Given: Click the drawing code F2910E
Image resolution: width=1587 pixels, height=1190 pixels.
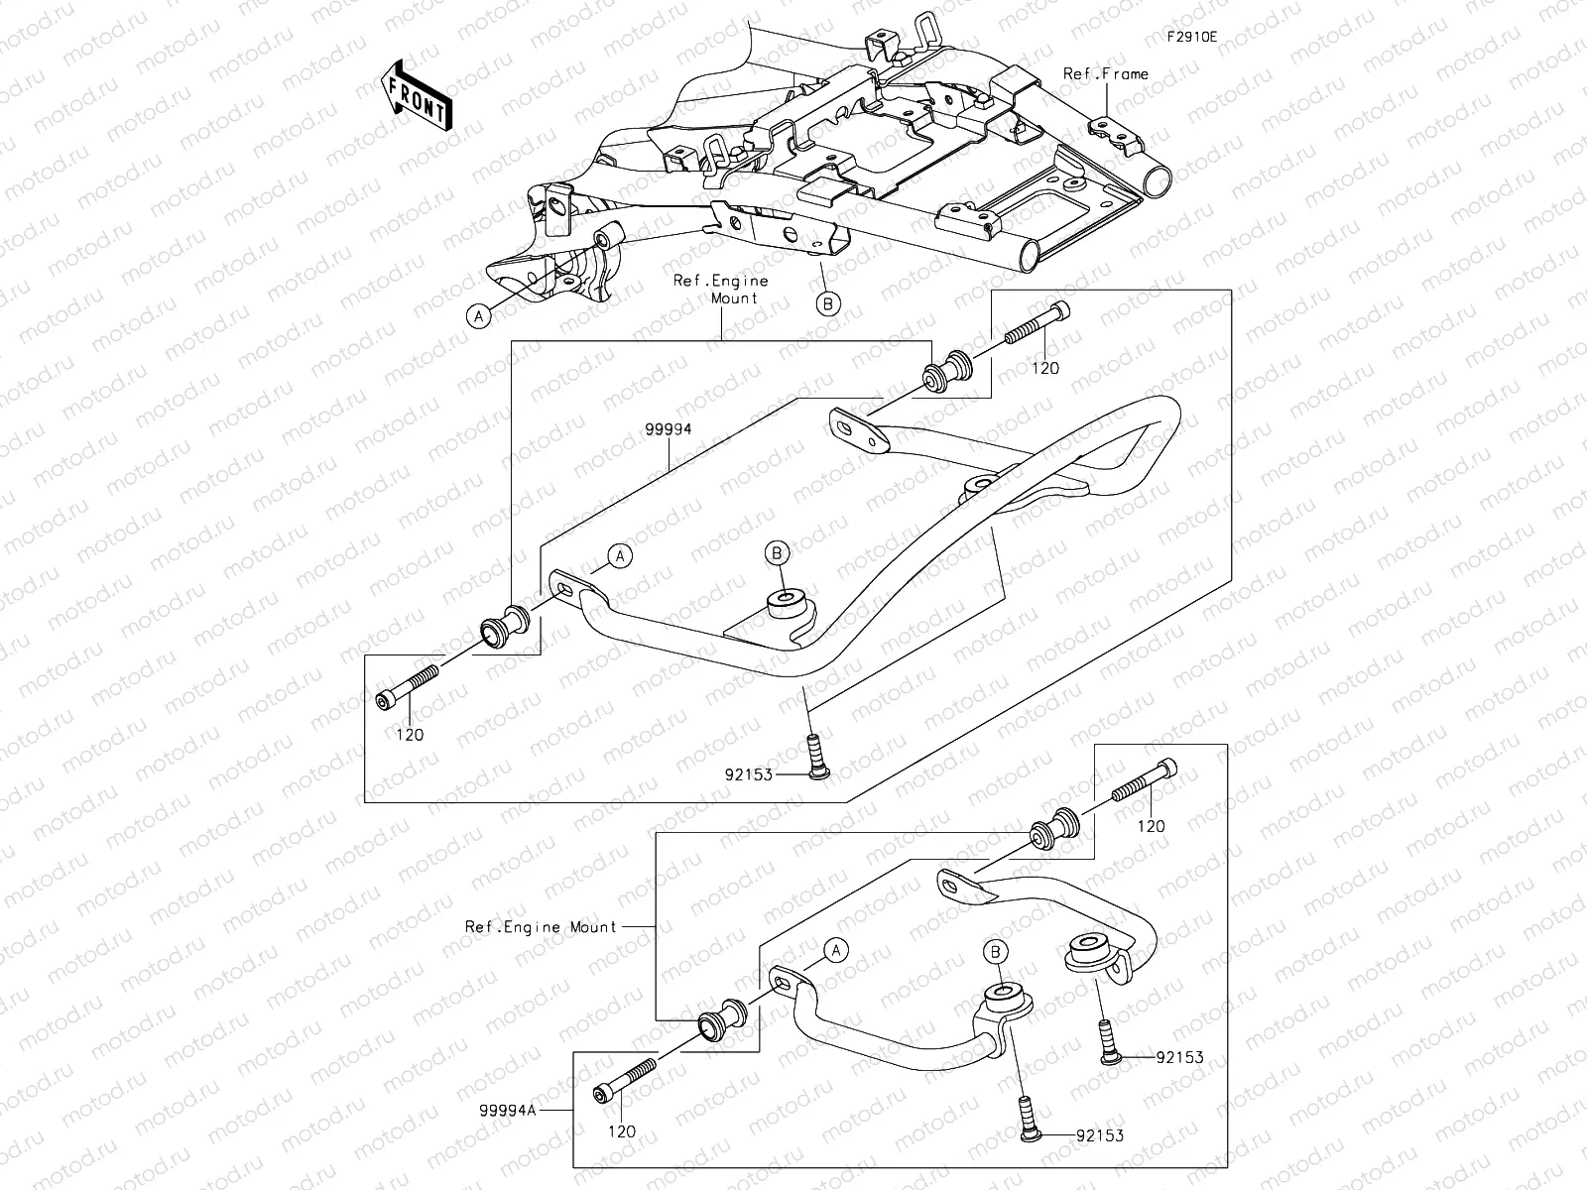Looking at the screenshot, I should [1191, 37].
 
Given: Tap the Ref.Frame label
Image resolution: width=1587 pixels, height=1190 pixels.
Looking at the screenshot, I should [1105, 74].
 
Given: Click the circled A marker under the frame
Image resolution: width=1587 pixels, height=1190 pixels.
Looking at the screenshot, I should [479, 316].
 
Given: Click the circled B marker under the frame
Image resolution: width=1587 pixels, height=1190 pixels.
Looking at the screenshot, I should [827, 303].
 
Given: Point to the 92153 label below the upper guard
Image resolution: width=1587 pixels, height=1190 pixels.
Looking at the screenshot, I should [748, 774].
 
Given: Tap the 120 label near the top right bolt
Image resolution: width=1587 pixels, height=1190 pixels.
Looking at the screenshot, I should [1045, 368].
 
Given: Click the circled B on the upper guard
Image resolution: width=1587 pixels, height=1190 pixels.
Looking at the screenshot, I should [778, 552].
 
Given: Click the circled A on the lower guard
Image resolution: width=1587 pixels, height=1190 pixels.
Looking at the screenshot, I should [836, 950].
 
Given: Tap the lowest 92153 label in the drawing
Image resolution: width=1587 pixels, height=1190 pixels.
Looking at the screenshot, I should [1100, 1135].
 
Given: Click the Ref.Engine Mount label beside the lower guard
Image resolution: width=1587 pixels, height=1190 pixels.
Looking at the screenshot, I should [541, 927].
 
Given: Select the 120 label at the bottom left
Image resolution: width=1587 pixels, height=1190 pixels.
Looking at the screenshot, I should [622, 1131].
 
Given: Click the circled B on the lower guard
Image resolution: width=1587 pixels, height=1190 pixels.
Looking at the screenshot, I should [996, 951].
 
